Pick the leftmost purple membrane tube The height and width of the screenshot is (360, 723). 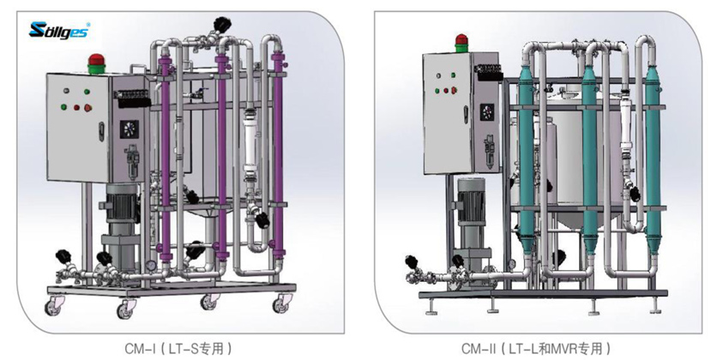pos(165,163)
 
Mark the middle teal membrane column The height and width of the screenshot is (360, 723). pos(589,159)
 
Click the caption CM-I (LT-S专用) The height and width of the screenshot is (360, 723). pos(178,348)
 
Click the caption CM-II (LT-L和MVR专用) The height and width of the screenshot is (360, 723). pos(536,348)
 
